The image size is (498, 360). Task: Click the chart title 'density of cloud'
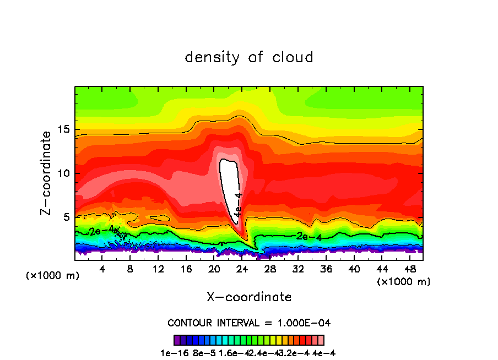248,57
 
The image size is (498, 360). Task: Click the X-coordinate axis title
249,297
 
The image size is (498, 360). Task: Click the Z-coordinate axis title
47,173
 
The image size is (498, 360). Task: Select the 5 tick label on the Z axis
67,217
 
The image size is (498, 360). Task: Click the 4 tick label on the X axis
102,270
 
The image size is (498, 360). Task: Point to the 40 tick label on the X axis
354,270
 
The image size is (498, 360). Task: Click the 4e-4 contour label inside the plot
239,205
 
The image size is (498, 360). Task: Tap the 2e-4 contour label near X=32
308,237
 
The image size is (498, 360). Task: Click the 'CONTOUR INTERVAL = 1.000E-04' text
249,323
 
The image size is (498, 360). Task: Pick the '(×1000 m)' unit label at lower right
403,282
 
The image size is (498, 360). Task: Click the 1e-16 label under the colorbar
172,352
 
